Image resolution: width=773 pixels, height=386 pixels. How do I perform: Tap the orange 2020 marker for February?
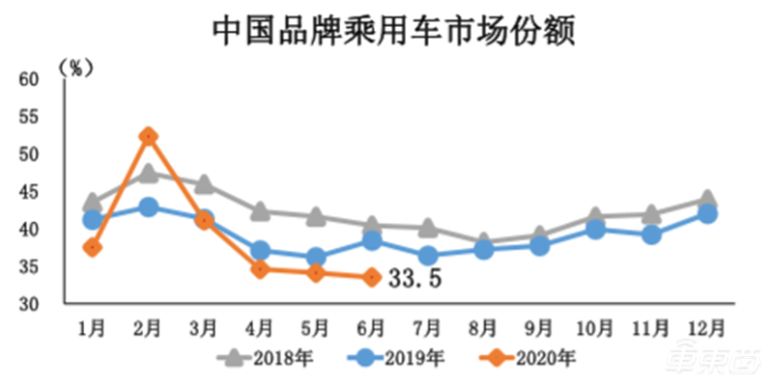click(148, 136)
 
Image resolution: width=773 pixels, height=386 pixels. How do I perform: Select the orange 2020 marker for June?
click(372, 278)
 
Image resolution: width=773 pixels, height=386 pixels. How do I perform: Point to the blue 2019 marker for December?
click(706, 213)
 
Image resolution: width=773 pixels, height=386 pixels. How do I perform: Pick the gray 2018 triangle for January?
click(93, 203)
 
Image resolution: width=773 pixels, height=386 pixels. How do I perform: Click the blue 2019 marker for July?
click(427, 256)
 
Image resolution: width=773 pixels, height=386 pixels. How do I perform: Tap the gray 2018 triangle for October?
click(595, 217)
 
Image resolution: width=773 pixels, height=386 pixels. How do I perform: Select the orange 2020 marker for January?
click(93, 247)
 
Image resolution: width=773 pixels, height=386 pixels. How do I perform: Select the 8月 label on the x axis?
click(483, 327)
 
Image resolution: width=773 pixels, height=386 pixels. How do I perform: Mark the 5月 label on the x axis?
click(316, 327)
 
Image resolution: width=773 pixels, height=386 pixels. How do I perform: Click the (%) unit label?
click(74, 67)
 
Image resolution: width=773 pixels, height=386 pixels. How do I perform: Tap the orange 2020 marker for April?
click(260, 269)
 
